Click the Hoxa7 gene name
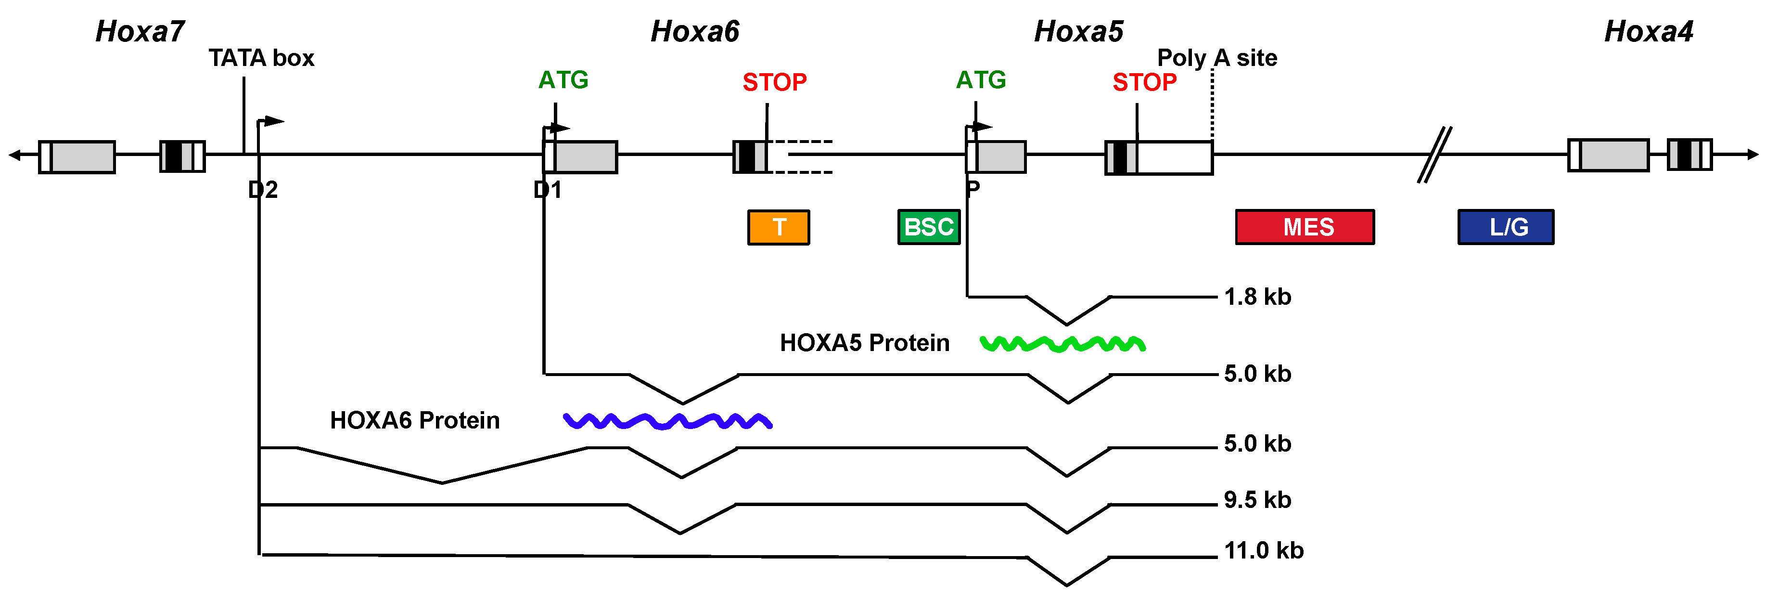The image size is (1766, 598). point(140,32)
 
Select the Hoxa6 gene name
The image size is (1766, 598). point(694,32)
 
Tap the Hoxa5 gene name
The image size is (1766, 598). point(1078,32)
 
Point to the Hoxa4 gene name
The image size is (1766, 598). point(1648,32)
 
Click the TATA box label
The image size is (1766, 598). point(261,58)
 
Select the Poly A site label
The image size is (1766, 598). point(1217,58)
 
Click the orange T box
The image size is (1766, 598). point(778,227)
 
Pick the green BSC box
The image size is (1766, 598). point(929,227)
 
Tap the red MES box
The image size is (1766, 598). point(1305,227)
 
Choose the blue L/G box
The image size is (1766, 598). point(1506,227)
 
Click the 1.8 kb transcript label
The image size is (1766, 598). point(1257,297)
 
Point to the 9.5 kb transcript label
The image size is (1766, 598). point(1257,500)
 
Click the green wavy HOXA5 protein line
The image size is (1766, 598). point(1062,344)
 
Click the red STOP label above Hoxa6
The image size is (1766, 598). point(775,82)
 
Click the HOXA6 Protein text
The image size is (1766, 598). point(415,420)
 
